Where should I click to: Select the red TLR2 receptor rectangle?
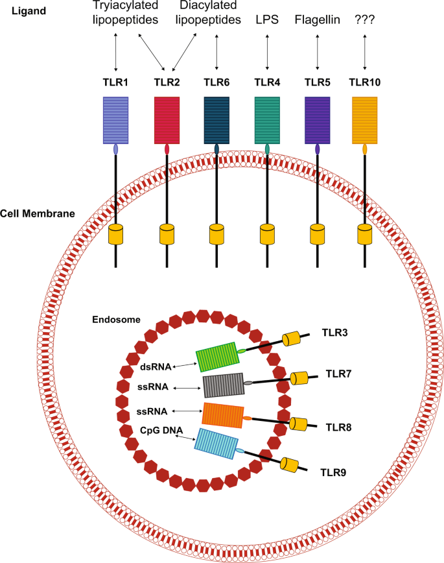167,120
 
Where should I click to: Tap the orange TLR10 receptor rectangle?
365,120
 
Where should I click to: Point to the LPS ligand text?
267,19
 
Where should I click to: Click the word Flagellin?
317,19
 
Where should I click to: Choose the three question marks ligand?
365,19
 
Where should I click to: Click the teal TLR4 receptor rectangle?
267,120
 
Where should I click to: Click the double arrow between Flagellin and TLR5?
317,51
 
